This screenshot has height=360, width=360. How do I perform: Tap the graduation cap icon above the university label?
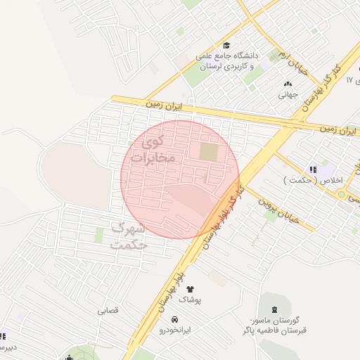[x=226, y=44]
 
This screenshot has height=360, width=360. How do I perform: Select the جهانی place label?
[x=288, y=94]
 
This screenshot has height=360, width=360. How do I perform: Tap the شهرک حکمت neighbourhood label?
[x=128, y=237]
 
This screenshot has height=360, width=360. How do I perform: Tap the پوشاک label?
[x=189, y=300]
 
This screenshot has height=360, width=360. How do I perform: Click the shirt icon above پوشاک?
[x=189, y=288]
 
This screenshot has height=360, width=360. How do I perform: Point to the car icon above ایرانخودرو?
[x=174, y=319]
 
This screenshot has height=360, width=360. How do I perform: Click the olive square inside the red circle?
[x=209, y=151]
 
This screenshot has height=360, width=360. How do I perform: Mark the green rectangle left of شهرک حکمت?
[x=100, y=235]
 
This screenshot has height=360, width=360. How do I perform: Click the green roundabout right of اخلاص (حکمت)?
[x=341, y=194]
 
